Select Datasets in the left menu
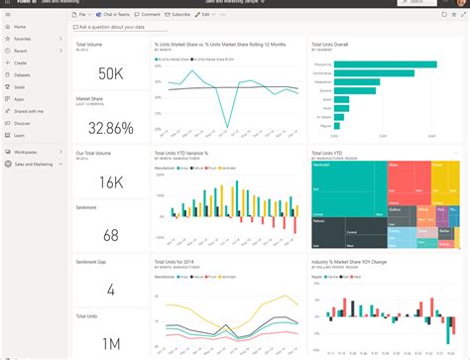22,73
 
